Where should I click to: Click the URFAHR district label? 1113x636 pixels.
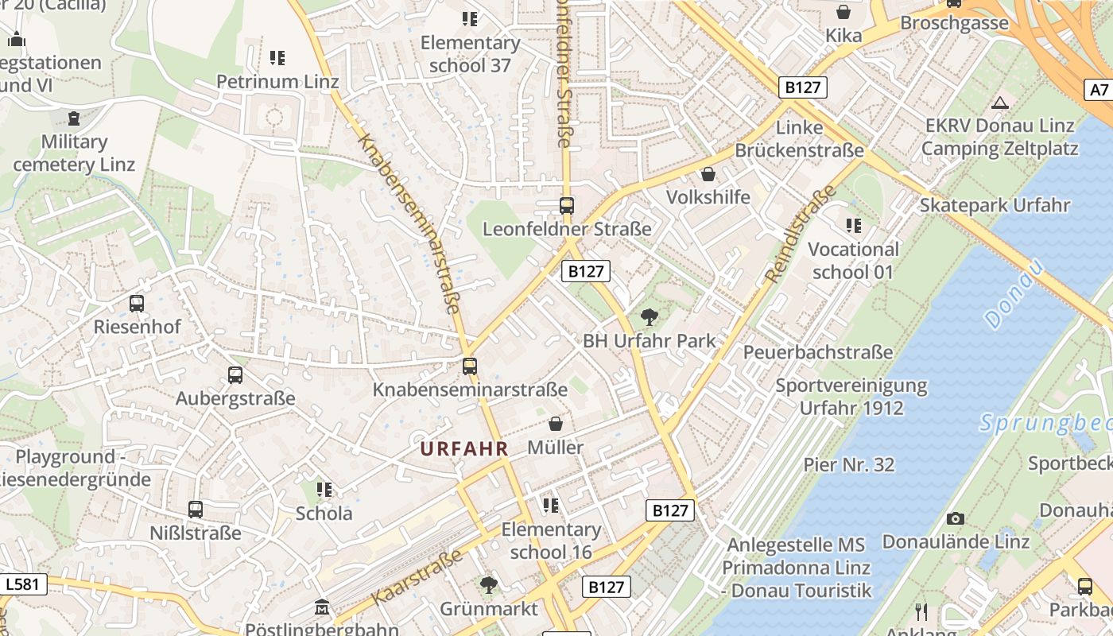pyautogui.click(x=464, y=448)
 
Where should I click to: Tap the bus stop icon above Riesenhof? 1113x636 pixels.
pyautogui.click(x=137, y=303)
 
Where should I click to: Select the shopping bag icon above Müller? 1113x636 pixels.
pyautogui.click(x=556, y=424)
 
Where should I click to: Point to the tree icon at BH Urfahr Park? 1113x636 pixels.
pyautogui.click(x=650, y=317)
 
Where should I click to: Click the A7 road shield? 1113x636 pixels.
pyautogui.click(x=1098, y=90)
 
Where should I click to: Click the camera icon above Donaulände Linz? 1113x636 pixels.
pyautogui.click(x=956, y=518)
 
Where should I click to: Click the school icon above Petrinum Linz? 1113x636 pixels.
pyautogui.click(x=277, y=57)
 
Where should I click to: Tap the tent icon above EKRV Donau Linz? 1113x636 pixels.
pyautogui.click(x=1000, y=102)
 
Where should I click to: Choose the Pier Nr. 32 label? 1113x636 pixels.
pyautogui.click(x=849, y=464)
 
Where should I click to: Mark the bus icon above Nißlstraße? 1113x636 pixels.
pyautogui.click(x=196, y=509)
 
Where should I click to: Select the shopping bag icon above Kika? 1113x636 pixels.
pyautogui.click(x=843, y=12)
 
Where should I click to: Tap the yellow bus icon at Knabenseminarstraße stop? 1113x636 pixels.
pyautogui.click(x=470, y=366)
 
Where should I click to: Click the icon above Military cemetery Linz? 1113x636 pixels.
pyautogui.click(x=74, y=118)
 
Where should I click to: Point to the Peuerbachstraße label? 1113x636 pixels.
pyautogui.click(x=819, y=351)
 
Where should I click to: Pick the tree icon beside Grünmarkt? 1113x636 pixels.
pyautogui.click(x=489, y=586)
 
